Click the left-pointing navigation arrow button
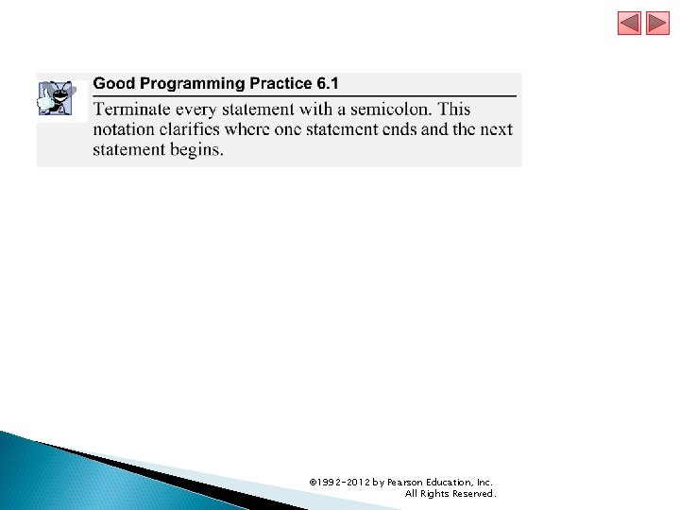click(630, 23)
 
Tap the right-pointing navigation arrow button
click(658, 23)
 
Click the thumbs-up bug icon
click(54, 97)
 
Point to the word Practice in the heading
click(280, 84)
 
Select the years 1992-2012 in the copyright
click(343, 483)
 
